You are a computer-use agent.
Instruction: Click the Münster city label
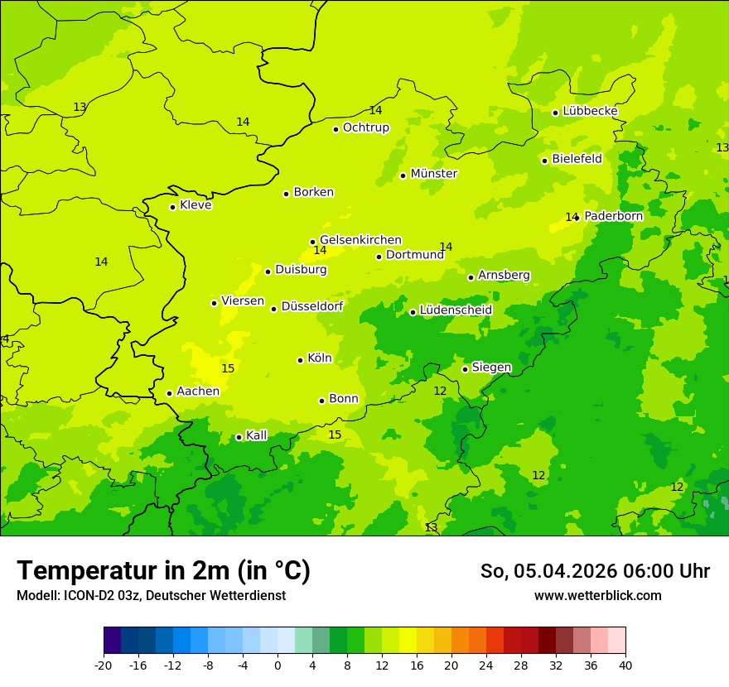coord(434,174)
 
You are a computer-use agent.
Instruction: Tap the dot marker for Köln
coord(300,360)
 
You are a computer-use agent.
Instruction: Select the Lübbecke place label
coord(590,111)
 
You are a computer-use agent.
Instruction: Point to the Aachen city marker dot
coord(169,393)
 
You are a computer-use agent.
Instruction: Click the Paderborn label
coord(613,216)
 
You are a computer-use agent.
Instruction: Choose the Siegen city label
coord(491,368)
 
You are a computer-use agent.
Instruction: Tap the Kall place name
coord(257,435)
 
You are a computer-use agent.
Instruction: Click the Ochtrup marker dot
coord(336,129)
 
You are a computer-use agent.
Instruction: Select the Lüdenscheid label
coord(456,310)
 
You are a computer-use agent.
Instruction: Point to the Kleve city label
coord(196,205)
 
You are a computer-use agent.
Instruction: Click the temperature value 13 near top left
coord(80,107)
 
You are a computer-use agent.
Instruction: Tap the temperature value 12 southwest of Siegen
coord(440,391)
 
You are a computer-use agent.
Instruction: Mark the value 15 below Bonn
coord(335,435)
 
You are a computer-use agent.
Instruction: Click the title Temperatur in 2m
coord(163,570)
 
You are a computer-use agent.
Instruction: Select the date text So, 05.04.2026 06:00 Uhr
coord(595,571)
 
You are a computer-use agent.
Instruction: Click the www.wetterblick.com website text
coord(597,595)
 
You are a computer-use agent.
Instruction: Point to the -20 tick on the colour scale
coord(104,665)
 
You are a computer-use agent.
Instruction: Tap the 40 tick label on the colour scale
coord(625,665)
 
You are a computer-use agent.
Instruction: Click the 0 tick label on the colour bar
coord(278,665)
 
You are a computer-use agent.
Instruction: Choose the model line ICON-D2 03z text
coord(151,595)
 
